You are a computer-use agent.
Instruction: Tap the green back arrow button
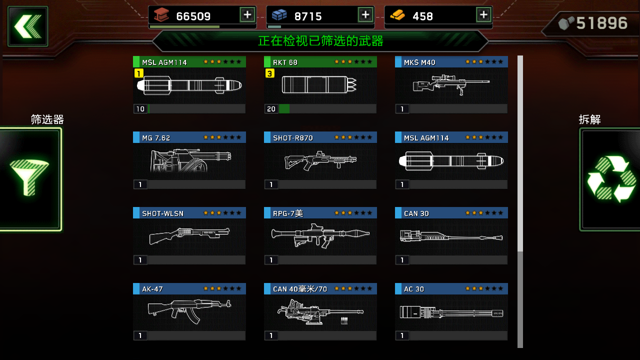[x=28, y=26]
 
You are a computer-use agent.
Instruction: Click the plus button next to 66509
[x=247, y=15]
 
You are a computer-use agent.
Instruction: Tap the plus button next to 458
[x=483, y=15]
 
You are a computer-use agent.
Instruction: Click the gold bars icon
[x=397, y=15]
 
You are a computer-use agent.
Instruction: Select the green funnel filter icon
[x=29, y=177]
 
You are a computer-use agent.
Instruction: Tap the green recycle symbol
[x=611, y=179]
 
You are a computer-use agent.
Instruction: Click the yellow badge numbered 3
[x=269, y=73]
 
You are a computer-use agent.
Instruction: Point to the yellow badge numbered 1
[x=138, y=73]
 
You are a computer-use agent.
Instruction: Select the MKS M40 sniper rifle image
[x=451, y=84]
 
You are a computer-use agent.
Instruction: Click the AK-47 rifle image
[x=189, y=311]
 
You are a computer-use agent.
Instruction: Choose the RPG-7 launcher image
[x=320, y=235]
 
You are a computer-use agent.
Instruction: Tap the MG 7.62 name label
[x=156, y=138]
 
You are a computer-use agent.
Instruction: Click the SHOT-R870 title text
[x=293, y=138]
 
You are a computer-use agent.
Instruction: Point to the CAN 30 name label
[x=416, y=213]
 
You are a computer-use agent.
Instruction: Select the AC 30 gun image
[x=451, y=312]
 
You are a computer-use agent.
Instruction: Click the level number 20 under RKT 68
[x=271, y=109]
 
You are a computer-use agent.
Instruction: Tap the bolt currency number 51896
[x=601, y=23]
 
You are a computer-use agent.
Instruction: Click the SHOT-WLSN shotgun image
[x=189, y=235]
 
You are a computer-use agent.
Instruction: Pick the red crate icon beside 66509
[x=161, y=15]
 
